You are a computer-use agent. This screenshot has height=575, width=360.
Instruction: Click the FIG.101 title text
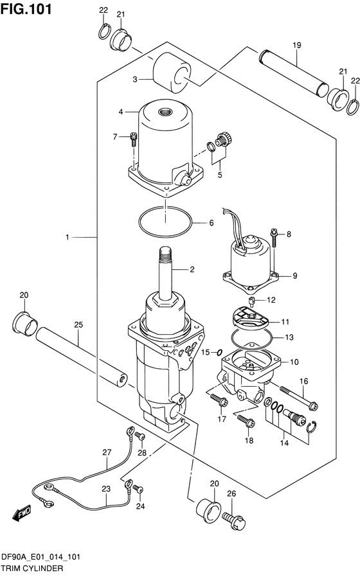click(x=26, y=8)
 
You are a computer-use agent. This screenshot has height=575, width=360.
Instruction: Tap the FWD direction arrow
click(x=22, y=513)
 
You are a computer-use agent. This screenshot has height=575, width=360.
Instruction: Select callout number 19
click(x=297, y=46)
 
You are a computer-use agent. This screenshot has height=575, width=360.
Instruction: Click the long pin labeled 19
click(x=294, y=73)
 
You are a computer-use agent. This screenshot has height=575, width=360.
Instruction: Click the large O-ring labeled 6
click(x=165, y=222)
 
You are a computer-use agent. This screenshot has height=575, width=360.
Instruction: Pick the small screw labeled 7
click(x=134, y=140)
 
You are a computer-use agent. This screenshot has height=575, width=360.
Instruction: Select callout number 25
click(x=78, y=325)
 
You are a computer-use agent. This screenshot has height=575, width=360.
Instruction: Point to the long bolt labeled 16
click(x=299, y=397)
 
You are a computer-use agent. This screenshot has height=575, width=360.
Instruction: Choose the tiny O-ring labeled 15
click(x=219, y=353)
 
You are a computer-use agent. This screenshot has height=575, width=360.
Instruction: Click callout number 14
click(x=284, y=443)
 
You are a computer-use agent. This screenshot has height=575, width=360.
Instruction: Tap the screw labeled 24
click(x=138, y=488)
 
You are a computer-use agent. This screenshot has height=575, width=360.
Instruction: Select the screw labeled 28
click(x=139, y=436)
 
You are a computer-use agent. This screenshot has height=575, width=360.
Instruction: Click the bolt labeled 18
click(x=246, y=421)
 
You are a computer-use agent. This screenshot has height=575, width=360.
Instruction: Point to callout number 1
click(x=67, y=238)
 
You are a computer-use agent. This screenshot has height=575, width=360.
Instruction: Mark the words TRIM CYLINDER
click(x=32, y=569)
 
